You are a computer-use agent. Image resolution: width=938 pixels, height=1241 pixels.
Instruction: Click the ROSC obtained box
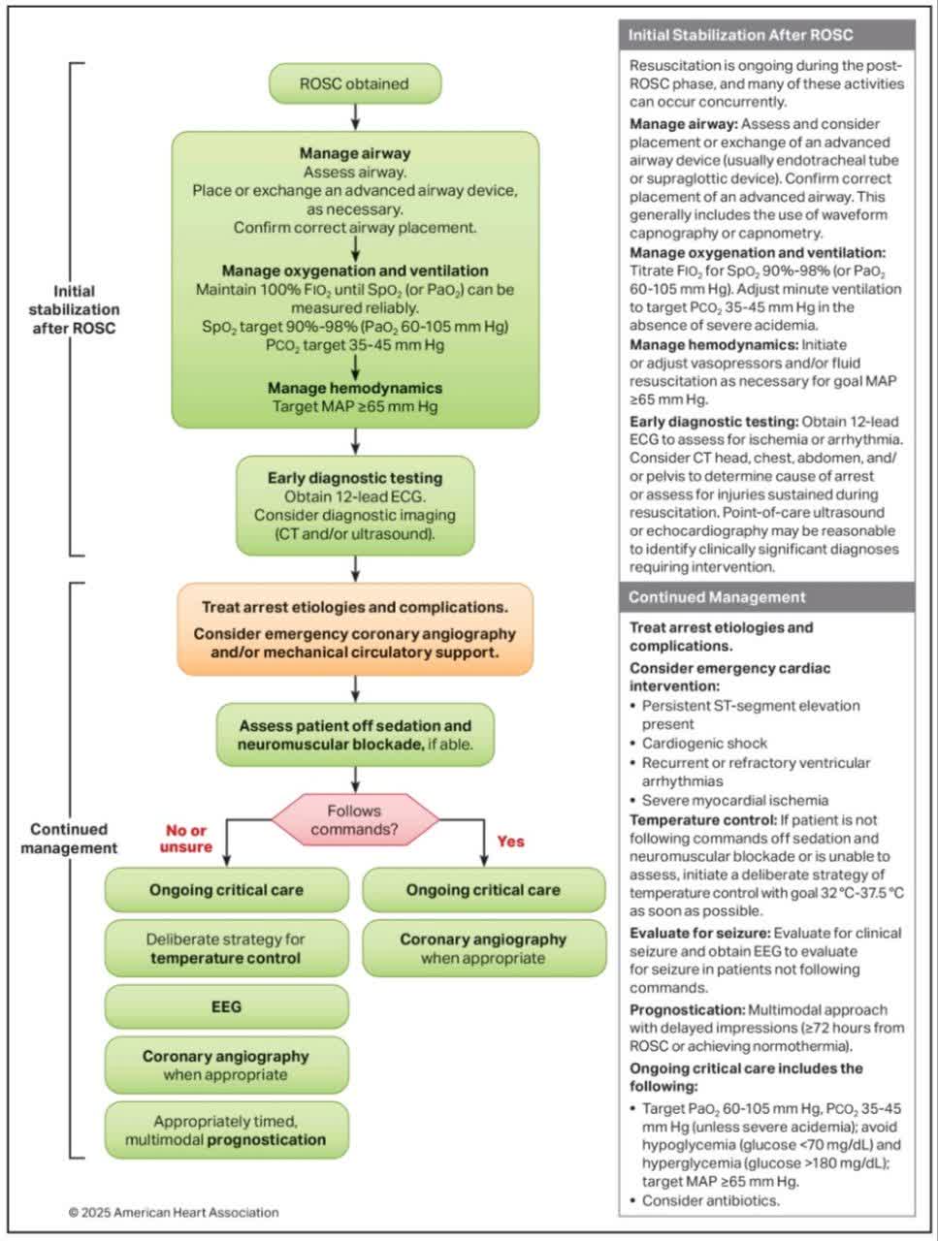click(354, 84)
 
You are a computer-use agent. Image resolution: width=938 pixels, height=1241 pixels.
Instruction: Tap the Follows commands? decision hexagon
click(354, 820)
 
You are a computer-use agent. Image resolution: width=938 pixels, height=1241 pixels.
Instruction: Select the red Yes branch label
click(510, 842)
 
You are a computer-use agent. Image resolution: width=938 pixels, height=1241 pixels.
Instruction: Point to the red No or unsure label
click(186, 839)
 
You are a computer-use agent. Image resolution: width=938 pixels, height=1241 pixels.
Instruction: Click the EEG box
click(226, 1007)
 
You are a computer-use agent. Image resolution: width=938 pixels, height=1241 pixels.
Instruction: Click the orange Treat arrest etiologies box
click(355, 629)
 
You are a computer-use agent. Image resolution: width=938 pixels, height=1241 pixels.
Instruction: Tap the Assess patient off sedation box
click(355, 735)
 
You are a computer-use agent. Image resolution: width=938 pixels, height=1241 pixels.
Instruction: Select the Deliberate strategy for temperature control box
click(226, 948)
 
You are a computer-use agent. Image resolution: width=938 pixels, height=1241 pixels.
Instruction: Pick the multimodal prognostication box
click(226, 1130)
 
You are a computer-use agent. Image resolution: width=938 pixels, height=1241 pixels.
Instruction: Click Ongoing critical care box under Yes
click(483, 890)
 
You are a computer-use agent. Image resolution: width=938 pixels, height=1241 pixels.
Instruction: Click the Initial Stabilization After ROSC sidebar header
click(766, 35)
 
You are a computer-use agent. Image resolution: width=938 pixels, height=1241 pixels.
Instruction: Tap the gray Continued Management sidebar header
click(766, 597)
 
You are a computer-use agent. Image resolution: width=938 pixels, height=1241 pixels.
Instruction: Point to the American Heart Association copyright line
click(174, 1212)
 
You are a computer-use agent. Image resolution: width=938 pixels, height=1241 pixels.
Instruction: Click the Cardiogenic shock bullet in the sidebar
click(704, 744)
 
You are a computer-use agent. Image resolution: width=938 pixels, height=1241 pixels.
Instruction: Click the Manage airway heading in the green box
click(355, 153)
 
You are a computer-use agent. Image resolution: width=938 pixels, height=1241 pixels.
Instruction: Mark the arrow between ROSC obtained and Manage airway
click(355, 117)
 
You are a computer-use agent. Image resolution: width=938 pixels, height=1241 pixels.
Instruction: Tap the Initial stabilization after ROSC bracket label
click(87, 309)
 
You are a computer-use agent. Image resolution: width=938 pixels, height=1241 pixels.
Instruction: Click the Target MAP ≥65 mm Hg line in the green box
click(355, 406)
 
